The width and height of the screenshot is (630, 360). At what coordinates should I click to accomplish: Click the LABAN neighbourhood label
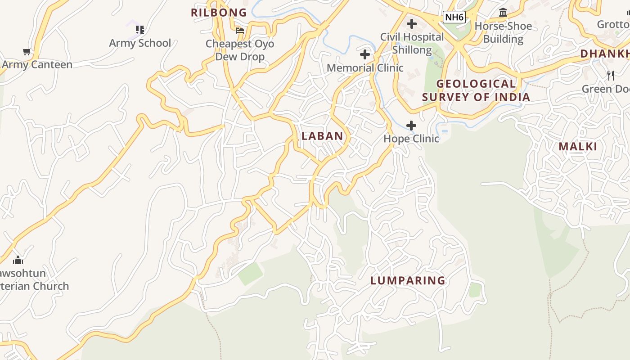click(x=322, y=136)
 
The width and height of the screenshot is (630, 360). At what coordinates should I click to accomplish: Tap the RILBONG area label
click(x=219, y=13)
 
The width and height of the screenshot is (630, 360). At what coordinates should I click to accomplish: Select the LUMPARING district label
click(x=408, y=281)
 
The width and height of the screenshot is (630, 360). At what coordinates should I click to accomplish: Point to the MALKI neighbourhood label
click(x=578, y=147)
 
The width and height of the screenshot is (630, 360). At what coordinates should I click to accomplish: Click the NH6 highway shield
click(x=454, y=18)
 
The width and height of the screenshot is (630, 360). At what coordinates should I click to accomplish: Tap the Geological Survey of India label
click(x=476, y=90)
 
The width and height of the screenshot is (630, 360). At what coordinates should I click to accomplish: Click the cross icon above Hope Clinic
click(x=411, y=126)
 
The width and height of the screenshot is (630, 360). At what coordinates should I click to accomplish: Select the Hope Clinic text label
click(x=411, y=139)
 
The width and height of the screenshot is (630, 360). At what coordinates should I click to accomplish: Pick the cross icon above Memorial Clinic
click(x=365, y=55)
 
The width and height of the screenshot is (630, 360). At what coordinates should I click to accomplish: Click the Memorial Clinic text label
click(x=365, y=68)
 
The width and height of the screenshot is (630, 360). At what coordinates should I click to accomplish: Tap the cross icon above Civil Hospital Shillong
click(x=412, y=24)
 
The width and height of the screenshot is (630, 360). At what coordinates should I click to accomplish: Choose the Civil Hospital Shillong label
click(x=412, y=43)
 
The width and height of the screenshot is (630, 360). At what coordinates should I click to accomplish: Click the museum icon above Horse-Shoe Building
click(x=503, y=13)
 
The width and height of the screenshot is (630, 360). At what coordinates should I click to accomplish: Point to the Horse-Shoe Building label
click(x=503, y=32)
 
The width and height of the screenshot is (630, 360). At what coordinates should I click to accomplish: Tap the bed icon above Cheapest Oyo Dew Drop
click(x=240, y=31)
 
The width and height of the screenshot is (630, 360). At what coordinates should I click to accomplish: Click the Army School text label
click(x=140, y=43)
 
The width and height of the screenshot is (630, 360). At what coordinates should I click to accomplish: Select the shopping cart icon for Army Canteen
click(x=27, y=52)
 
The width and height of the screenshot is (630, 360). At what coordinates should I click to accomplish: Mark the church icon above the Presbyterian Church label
click(x=18, y=260)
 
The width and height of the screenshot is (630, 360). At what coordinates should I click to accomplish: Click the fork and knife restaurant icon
click(x=611, y=76)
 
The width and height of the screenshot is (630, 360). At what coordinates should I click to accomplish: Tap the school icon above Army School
click(x=140, y=30)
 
